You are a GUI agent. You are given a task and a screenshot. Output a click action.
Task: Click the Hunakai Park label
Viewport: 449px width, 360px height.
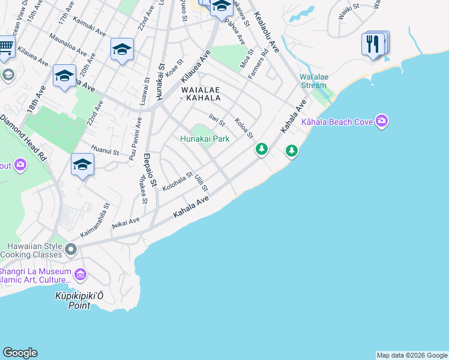(x=205, y=139)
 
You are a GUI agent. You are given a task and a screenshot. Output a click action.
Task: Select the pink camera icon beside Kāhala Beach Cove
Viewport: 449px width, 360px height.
(x=382, y=122)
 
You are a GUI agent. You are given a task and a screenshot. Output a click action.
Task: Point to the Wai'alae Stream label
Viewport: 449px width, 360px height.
(x=313, y=81)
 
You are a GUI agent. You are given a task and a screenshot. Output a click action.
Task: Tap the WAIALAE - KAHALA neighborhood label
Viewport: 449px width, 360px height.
(x=201, y=94)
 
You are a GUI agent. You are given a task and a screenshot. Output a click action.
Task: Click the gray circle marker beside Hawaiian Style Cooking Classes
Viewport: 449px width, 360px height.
(x=71, y=248)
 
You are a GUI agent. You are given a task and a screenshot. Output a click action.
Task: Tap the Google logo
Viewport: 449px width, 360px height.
(x=20, y=353)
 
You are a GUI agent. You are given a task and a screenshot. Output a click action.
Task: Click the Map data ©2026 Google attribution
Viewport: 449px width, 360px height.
(x=412, y=355)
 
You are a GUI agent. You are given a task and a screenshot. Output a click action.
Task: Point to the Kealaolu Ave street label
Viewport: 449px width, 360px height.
(x=266, y=28)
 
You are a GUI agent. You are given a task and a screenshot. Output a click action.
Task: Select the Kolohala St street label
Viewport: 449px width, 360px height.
(x=177, y=182)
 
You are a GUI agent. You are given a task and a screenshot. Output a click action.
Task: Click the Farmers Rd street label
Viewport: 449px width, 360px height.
(x=259, y=67)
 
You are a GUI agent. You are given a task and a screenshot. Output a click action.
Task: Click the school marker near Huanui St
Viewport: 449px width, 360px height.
(x=82, y=164)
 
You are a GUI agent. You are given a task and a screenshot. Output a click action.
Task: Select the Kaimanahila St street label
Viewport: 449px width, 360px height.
(x=94, y=223)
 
